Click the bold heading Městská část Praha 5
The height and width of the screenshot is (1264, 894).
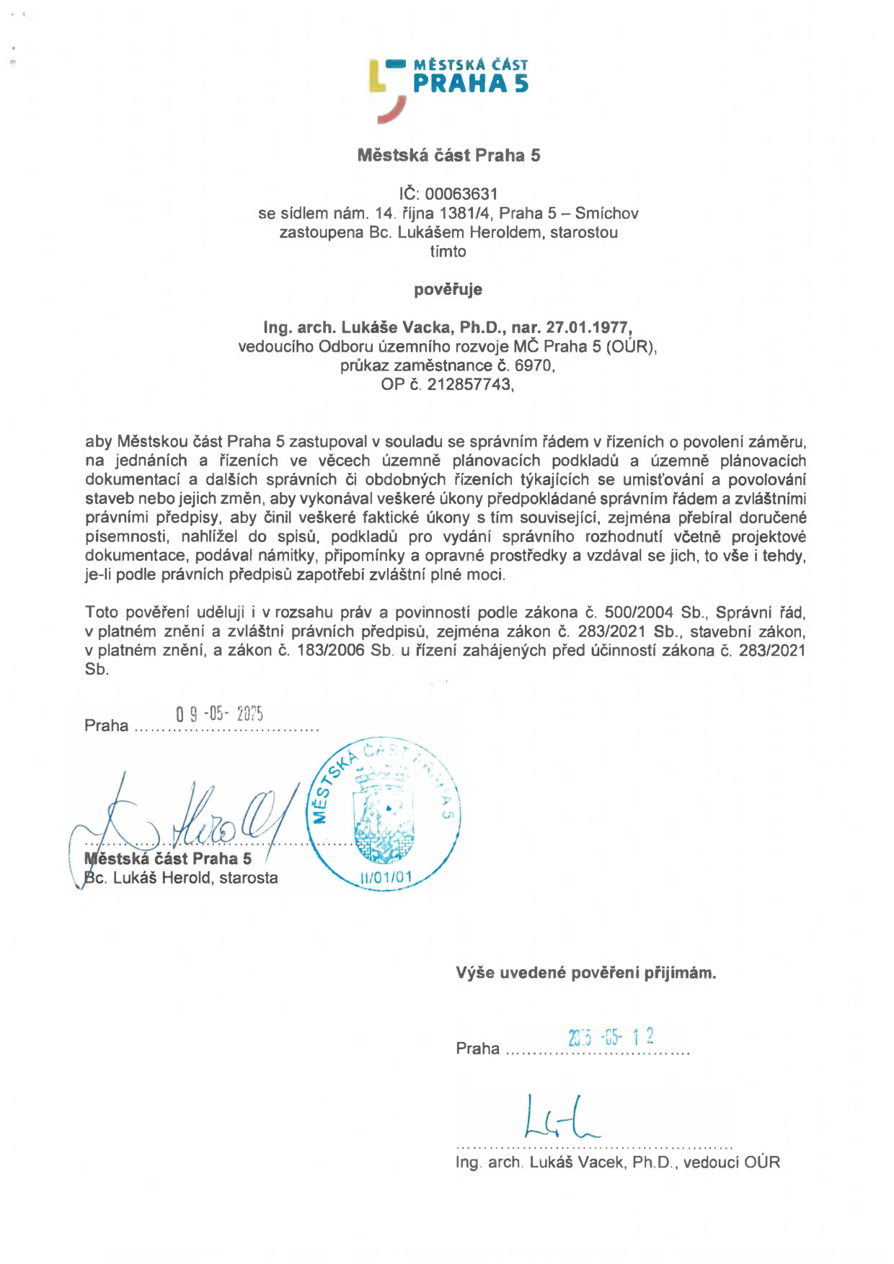(448, 155)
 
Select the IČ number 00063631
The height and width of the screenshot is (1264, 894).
(461, 194)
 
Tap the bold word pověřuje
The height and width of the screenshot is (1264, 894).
(448, 290)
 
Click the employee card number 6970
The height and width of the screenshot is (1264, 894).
(534, 365)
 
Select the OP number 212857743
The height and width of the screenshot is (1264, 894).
(469, 384)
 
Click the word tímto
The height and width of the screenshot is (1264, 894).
(448, 252)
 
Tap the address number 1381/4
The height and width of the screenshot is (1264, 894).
(464, 213)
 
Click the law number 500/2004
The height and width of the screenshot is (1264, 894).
(639, 613)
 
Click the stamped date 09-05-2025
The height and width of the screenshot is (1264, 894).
(219, 714)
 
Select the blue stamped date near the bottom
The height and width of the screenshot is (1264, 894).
(611, 1038)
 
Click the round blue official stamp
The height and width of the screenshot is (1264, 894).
(384, 814)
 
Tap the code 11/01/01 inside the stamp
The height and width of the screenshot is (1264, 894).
(386, 877)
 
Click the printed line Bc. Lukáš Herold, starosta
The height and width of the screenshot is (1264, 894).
(181, 878)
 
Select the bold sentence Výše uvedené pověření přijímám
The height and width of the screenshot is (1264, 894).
(585, 973)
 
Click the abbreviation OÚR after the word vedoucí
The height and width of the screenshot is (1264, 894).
(762, 1162)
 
